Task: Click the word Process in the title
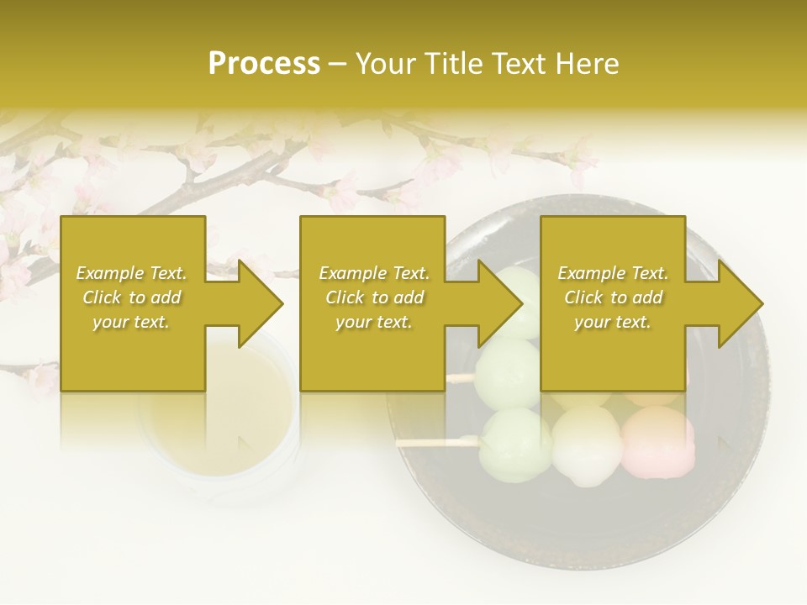(x=264, y=64)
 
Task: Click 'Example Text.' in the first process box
(x=131, y=273)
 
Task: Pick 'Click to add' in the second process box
(x=374, y=297)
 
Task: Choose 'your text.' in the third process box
(x=613, y=322)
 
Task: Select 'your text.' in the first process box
(x=131, y=322)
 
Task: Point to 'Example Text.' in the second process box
(x=374, y=273)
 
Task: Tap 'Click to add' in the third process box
(x=613, y=297)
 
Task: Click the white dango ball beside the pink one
(x=586, y=445)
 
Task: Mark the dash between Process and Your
(x=336, y=65)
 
